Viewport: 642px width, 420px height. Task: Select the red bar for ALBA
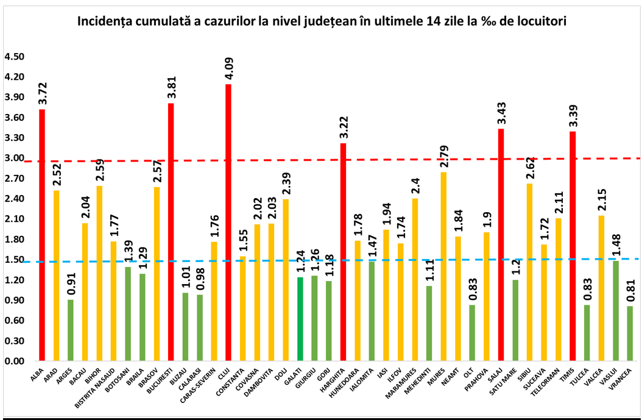[42, 235]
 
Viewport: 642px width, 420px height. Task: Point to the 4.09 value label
[228, 67]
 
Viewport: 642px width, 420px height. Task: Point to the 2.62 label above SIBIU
[529, 166]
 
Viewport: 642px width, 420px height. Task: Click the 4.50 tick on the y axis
[13, 57]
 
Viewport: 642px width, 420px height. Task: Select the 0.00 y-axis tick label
[13, 361]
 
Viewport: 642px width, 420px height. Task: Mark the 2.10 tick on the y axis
[13, 219]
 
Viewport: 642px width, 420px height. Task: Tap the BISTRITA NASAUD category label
[102, 386]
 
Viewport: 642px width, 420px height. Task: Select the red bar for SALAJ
[501, 244]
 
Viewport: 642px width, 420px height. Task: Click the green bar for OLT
[472, 333]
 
